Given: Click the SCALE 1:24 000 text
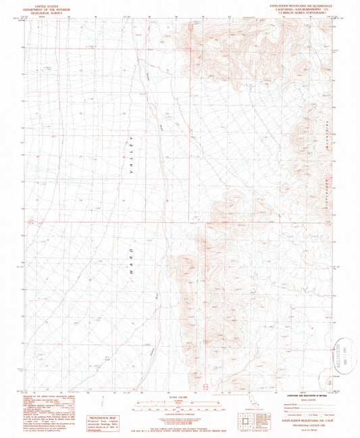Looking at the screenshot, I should coord(180,395).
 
